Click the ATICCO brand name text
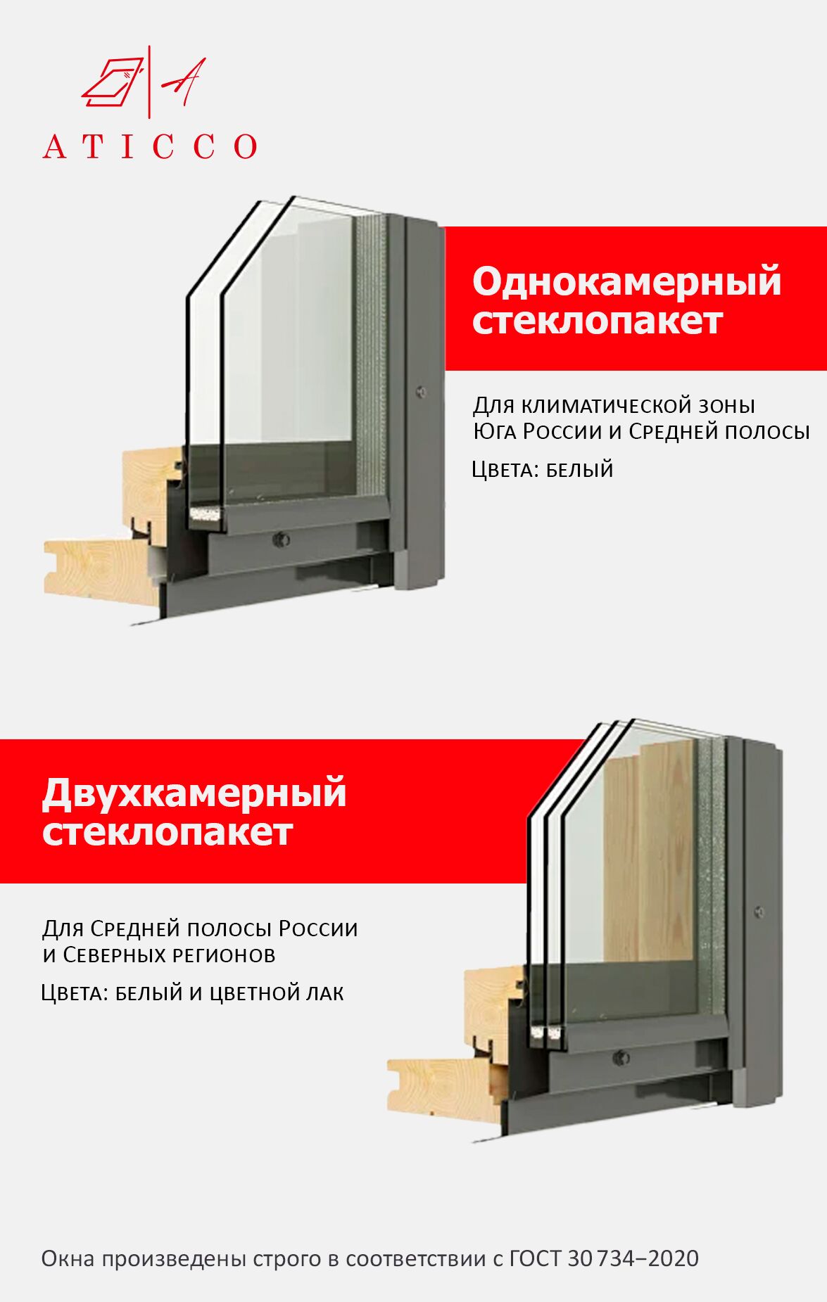coord(150,146)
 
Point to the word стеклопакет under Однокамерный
coord(597,321)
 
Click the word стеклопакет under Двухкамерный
coord(167,832)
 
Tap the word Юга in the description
coord(491,431)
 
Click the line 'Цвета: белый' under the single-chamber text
coord(543,469)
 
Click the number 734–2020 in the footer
coord(648,1258)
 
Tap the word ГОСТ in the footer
coord(536,1258)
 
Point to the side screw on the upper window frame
coord(422,392)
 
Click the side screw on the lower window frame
coord(759,912)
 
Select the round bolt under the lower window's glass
coord(621,1057)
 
